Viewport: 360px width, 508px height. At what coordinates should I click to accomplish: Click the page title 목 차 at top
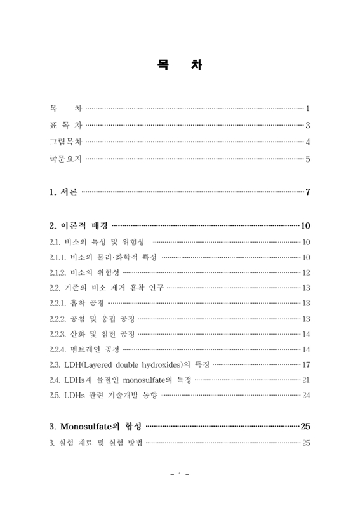(x=180, y=65)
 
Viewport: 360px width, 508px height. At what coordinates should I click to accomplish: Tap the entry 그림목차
(x=65, y=142)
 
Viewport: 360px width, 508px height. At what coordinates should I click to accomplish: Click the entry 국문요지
(x=65, y=158)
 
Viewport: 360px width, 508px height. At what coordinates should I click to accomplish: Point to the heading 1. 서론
(x=63, y=192)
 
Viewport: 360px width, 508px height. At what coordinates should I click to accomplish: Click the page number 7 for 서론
(x=307, y=192)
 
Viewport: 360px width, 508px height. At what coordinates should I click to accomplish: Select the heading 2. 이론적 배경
(x=79, y=225)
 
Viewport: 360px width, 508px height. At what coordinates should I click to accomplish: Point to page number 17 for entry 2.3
(x=305, y=364)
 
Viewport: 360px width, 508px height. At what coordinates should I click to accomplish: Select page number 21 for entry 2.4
(x=305, y=380)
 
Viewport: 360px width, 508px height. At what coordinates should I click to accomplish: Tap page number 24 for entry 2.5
(x=305, y=395)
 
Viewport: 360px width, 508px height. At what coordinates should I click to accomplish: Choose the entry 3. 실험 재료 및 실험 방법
(x=96, y=442)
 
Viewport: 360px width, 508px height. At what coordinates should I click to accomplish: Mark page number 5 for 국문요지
(x=307, y=159)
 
